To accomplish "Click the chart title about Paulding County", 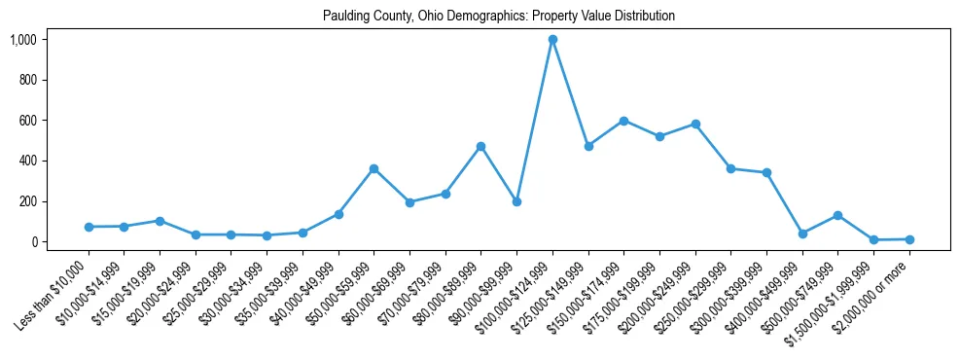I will (499, 17).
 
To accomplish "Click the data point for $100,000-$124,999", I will (552, 40).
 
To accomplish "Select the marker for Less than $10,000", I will (89, 227).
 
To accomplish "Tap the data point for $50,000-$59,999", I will (373, 169).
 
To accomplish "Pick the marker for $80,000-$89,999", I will (480, 146).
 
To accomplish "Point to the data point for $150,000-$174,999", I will (623, 121).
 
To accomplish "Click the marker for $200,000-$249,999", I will (695, 125).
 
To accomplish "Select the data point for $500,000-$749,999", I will (837, 215).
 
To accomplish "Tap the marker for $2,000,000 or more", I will (909, 239).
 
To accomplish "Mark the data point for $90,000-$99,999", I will (516, 201).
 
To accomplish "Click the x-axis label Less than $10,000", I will (53, 287).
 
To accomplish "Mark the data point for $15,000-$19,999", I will (160, 221).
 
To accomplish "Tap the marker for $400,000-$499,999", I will (802, 234).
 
